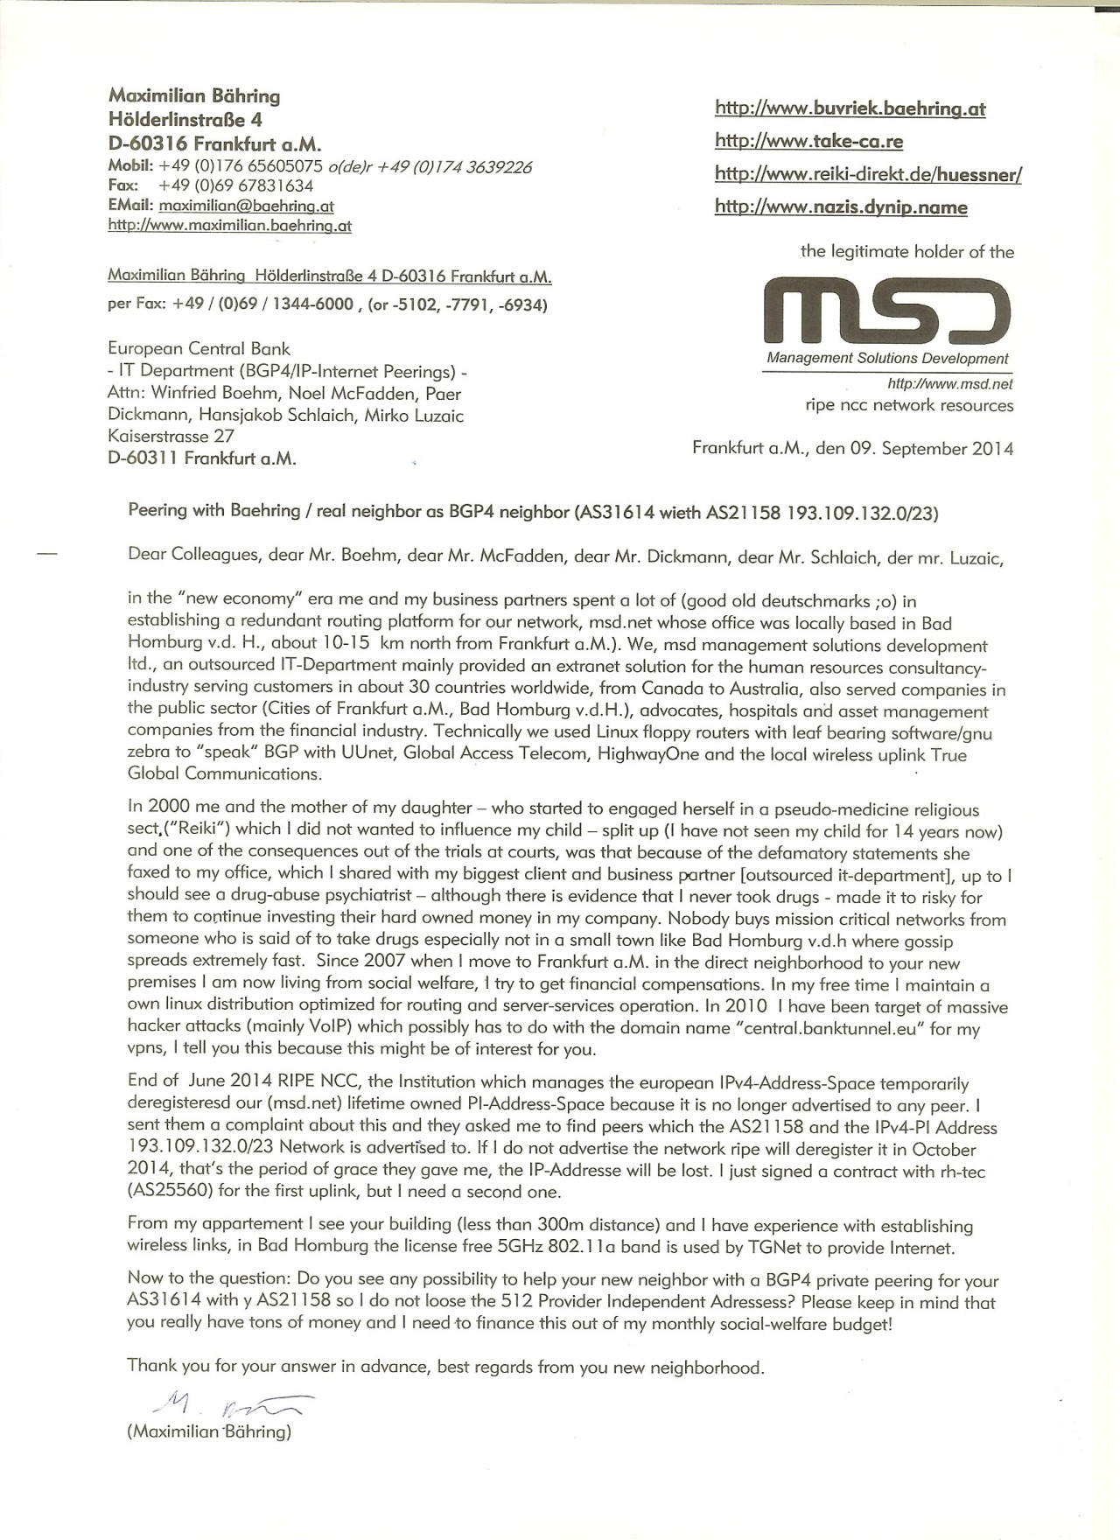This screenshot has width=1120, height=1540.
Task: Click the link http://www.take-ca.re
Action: click(808, 141)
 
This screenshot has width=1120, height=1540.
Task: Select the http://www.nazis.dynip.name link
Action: click(841, 207)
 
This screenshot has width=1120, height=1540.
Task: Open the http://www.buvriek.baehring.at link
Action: click(850, 108)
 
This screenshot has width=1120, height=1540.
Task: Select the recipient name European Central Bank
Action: click(199, 349)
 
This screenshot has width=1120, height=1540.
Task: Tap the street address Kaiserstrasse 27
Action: click(171, 436)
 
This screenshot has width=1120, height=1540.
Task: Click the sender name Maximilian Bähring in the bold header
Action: click(194, 96)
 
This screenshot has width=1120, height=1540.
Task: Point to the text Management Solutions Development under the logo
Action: click(887, 358)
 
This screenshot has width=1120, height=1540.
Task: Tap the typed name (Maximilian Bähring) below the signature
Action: click(209, 1432)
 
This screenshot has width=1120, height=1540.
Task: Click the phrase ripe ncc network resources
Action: click(909, 405)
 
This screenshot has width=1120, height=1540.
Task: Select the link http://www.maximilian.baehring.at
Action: click(229, 226)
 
